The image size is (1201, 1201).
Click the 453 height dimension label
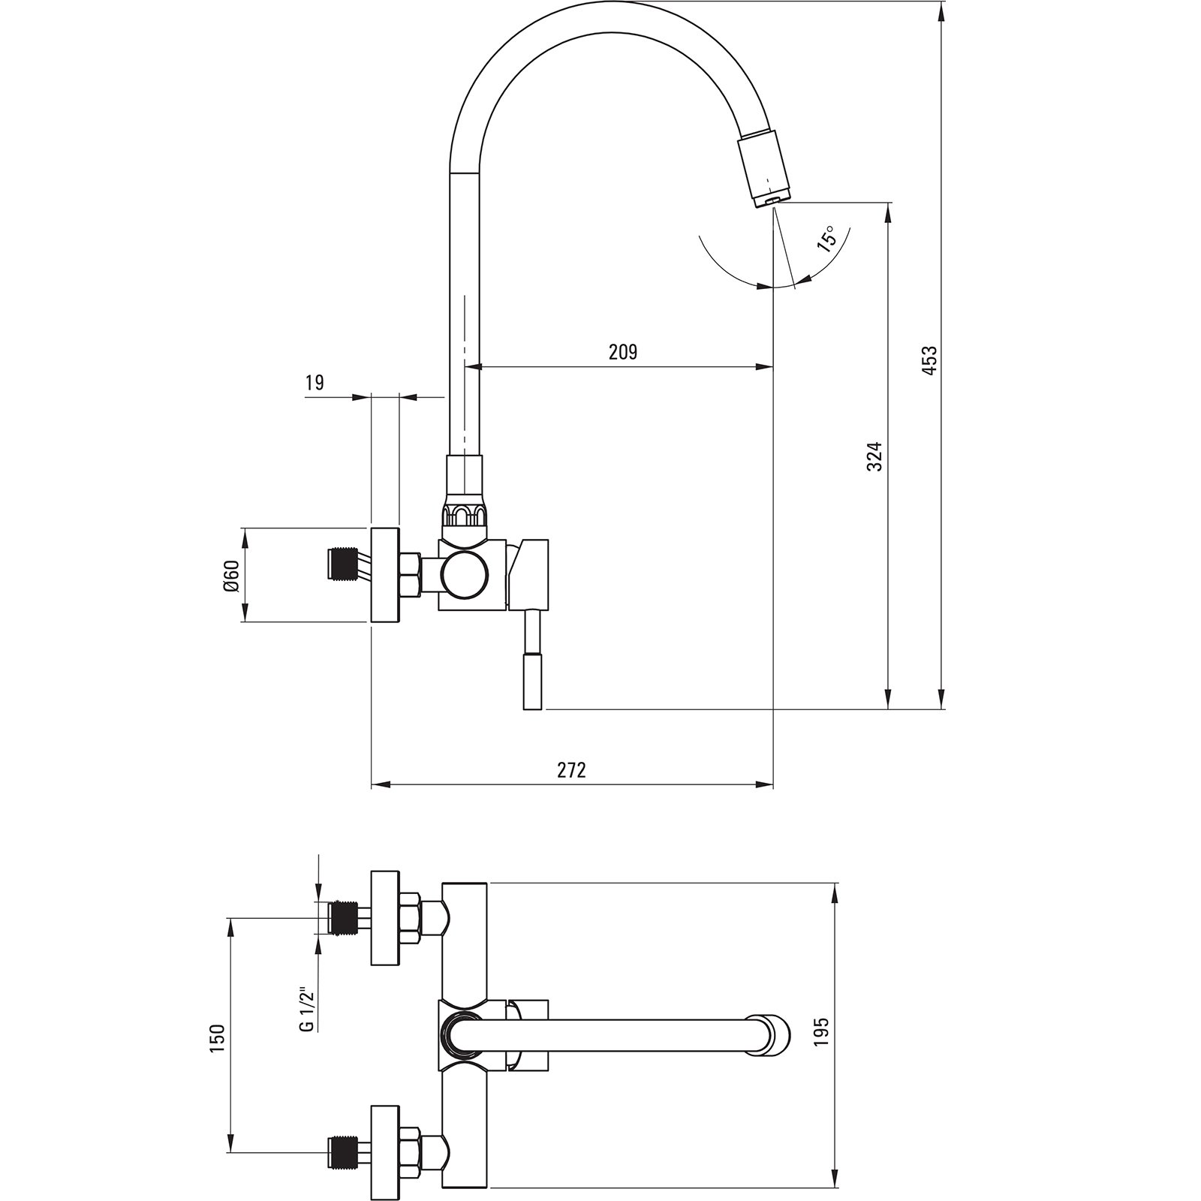coord(929,360)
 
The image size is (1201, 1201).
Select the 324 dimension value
coord(874,456)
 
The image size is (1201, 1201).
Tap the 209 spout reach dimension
coord(622,351)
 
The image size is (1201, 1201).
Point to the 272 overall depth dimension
coord(571,769)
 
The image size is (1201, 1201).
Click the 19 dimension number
coord(315,383)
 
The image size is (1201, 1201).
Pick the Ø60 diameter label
coord(230,576)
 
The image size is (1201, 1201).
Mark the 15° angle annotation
coord(826,238)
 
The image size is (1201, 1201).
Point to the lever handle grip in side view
coord(531,681)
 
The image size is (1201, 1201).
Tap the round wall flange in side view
coord(385,576)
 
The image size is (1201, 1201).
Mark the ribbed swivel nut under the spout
coord(466,515)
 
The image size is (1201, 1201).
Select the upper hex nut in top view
coord(411,917)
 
